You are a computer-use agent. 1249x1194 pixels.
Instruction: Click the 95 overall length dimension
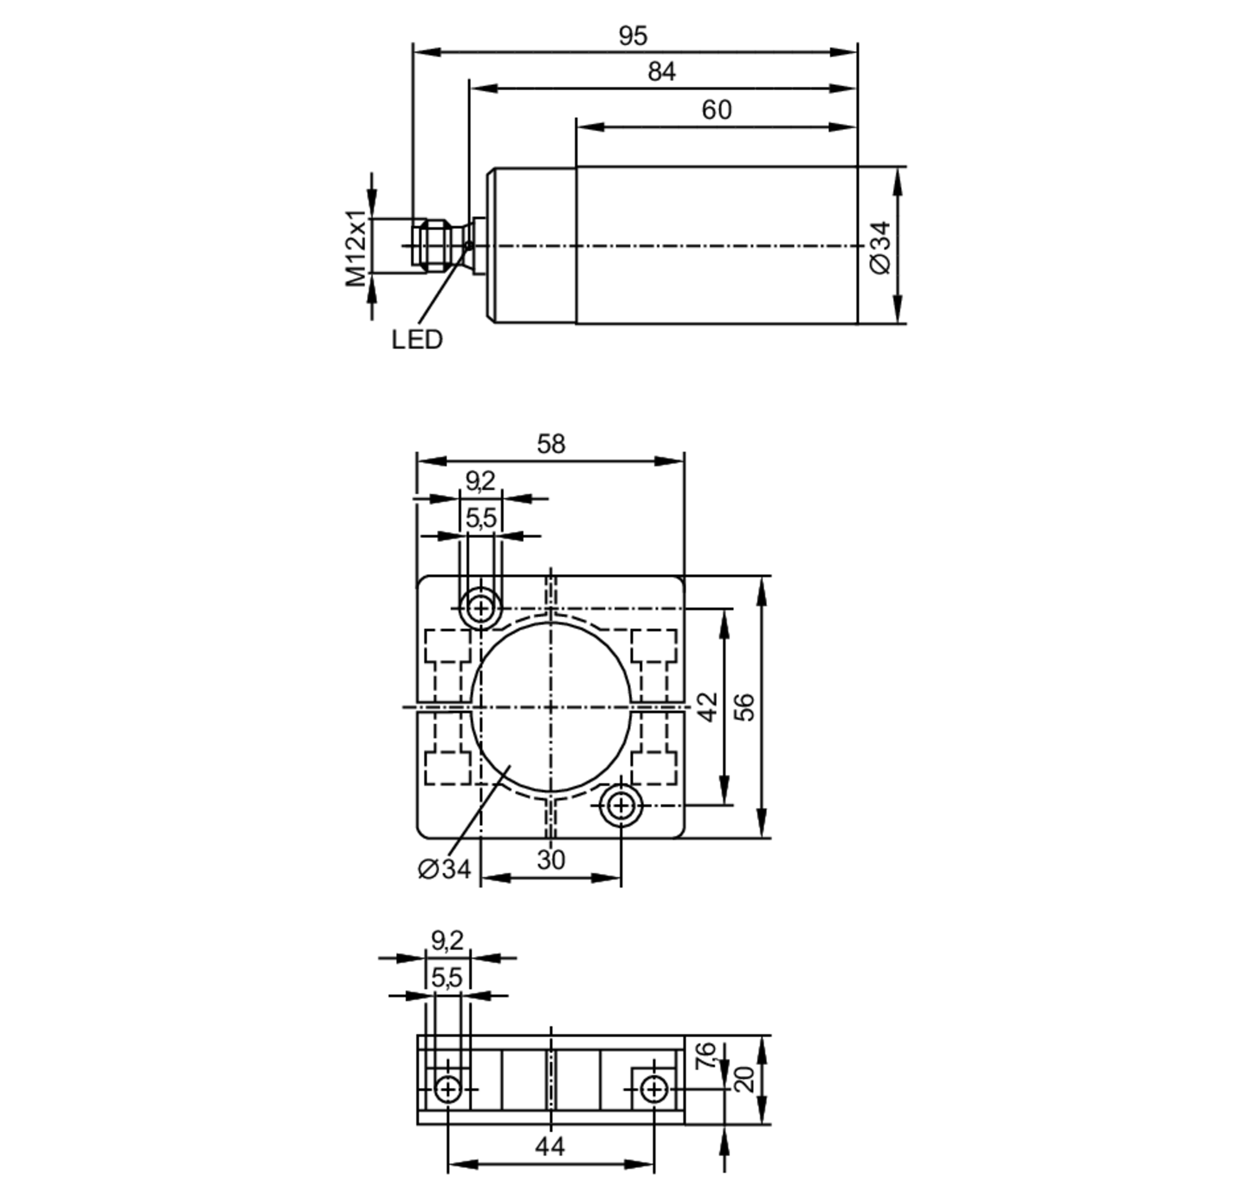(632, 36)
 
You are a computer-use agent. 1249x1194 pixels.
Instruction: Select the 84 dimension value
(661, 72)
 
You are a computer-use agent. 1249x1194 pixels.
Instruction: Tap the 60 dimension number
(716, 110)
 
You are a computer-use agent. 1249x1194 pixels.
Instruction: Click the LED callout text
(417, 340)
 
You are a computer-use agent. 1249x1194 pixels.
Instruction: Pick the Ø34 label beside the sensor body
(880, 248)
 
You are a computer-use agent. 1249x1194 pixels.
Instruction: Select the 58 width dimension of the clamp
(550, 444)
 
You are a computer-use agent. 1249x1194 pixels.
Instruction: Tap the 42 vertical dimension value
(707, 707)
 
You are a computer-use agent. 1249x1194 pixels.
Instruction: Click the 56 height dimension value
(744, 707)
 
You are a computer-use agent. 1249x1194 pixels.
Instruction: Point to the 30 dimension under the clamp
(550, 860)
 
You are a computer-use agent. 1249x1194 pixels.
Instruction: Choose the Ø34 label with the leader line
(444, 869)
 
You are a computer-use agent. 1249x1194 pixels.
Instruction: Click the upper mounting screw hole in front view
(481, 609)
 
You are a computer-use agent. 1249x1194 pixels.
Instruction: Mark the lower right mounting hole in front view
(620, 806)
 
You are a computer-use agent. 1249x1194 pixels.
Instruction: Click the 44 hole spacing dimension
(550, 1147)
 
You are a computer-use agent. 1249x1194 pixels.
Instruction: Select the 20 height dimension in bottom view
(744, 1079)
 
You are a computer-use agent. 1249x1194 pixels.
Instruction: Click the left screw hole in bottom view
(448, 1089)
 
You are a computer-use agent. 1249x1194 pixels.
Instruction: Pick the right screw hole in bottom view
(653, 1089)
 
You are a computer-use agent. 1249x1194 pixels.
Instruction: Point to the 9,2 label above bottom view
(447, 940)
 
